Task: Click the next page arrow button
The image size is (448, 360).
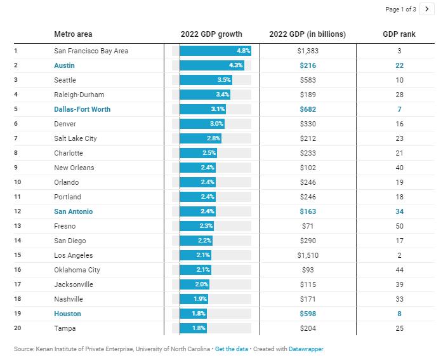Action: [427, 9]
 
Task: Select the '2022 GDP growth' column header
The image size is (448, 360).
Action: [211, 34]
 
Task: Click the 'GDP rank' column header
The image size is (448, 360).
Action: [399, 34]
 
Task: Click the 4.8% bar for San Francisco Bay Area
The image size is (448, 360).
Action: [215, 50]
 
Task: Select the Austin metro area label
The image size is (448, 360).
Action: [65, 65]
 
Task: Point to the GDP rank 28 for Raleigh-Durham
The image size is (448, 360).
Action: [399, 95]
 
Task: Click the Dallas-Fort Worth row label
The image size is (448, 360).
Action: [82, 109]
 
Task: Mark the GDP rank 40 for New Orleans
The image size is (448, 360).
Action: [399, 168]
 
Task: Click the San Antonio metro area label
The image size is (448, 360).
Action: [74, 211]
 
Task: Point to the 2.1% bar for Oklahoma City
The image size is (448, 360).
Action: [195, 270]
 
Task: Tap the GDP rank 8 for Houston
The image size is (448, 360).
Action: [399, 314]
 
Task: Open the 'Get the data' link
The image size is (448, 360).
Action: [231, 349]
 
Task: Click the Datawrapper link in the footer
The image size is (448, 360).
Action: [306, 349]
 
